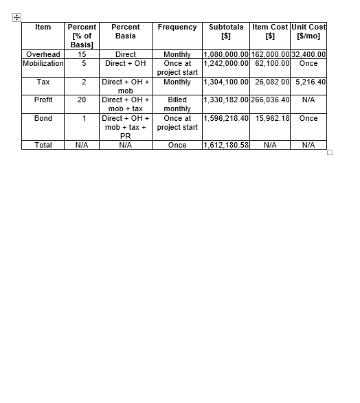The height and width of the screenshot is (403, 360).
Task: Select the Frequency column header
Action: (x=177, y=27)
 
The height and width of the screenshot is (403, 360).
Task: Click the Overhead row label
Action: (x=43, y=54)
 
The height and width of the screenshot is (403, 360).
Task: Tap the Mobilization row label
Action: (x=43, y=63)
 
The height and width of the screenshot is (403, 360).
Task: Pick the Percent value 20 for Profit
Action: (x=82, y=100)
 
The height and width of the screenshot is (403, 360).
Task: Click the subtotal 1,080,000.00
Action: (x=226, y=54)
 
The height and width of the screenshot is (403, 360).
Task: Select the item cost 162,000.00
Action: (x=271, y=54)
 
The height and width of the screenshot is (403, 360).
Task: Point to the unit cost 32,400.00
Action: (x=308, y=54)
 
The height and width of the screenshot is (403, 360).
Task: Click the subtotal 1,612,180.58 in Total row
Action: (x=226, y=146)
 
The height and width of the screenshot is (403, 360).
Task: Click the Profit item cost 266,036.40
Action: (x=271, y=100)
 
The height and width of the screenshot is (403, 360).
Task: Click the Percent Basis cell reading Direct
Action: (x=125, y=54)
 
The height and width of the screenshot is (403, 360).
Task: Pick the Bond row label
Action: (x=43, y=118)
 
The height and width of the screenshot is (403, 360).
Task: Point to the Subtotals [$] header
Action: (x=226, y=32)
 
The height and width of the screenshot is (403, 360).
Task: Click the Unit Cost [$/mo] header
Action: (x=308, y=32)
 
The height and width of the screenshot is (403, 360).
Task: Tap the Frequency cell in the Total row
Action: (x=177, y=146)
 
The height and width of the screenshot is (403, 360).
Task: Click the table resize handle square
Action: (x=330, y=152)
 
